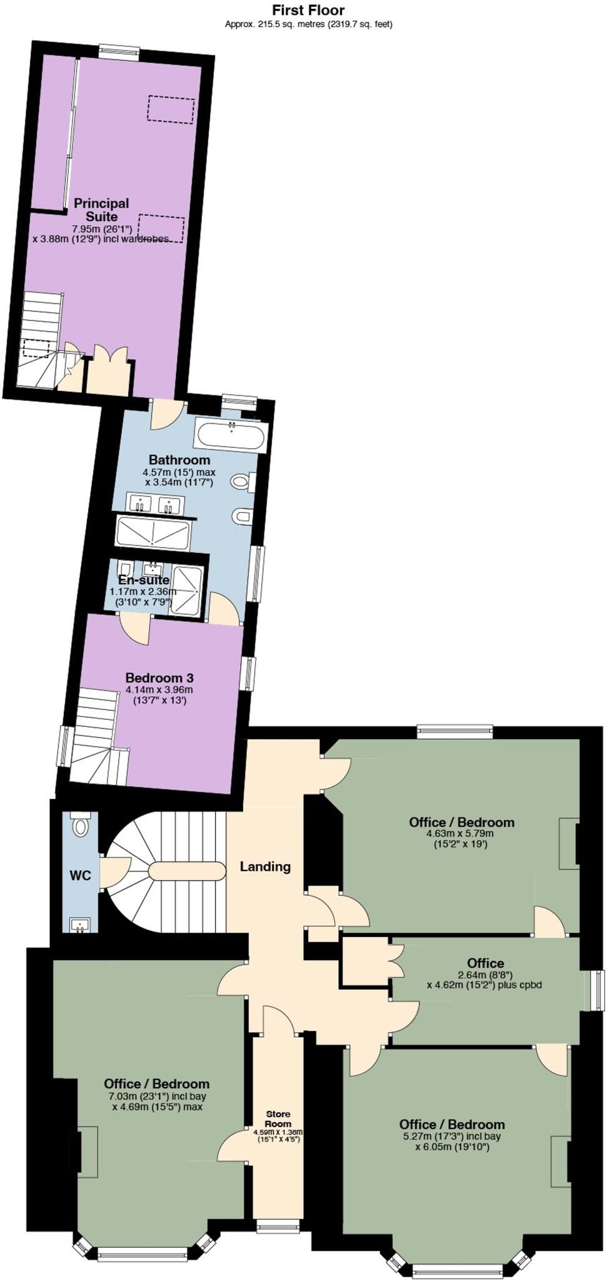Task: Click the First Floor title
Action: point(308,10)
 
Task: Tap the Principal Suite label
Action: point(101,210)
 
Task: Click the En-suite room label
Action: point(144,580)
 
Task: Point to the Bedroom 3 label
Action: point(159,677)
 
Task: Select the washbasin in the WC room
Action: point(80,925)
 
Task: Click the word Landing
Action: point(266,866)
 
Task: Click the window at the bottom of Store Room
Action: point(278,1228)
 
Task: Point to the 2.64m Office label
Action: point(485,963)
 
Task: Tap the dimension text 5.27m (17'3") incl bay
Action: point(451,1137)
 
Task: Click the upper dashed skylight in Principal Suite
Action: point(171,109)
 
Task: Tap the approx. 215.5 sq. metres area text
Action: point(308,24)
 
